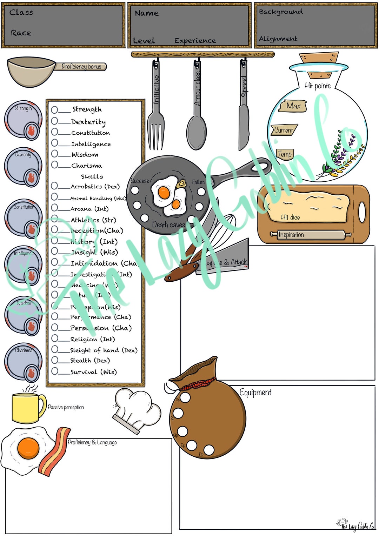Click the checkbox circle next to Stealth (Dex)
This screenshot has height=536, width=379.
(x=55, y=360)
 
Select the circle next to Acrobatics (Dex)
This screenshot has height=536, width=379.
(x=54, y=186)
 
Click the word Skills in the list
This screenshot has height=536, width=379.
(x=92, y=176)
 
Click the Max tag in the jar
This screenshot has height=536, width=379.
(x=293, y=106)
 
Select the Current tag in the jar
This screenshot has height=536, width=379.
(x=284, y=130)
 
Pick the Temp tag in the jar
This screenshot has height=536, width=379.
(x=285, y=154)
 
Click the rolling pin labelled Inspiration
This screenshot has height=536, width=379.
(x=310, y=235)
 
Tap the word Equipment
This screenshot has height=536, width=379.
(x=255, y=392)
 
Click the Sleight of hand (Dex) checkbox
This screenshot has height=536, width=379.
(x=55, y=349)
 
